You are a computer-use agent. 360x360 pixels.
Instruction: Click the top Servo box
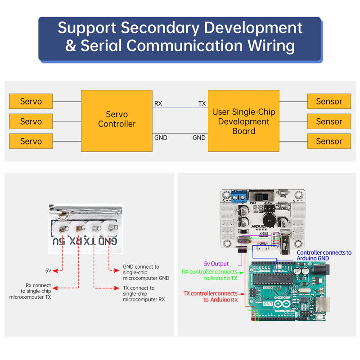coord(31,101)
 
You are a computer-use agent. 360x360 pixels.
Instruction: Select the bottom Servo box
coord(31,141)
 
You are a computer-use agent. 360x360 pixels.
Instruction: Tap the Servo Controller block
coord(117,119)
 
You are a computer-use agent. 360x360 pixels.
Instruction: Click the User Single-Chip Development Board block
coord(243,121)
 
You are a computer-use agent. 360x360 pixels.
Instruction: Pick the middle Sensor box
coord(329,121)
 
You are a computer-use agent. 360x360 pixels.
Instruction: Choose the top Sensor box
coord(329,101)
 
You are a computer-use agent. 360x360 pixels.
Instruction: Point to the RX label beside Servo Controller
coord(158,103)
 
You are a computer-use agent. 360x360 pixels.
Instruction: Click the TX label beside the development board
coord(202,103)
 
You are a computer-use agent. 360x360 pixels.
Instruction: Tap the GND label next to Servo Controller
coord(161,138)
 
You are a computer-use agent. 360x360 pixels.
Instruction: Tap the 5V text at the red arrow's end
coord(48,271)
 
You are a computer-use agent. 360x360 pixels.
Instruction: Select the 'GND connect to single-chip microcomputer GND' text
coord(146,273)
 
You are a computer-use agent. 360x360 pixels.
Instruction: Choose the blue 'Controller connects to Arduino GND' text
coord(324,256)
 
